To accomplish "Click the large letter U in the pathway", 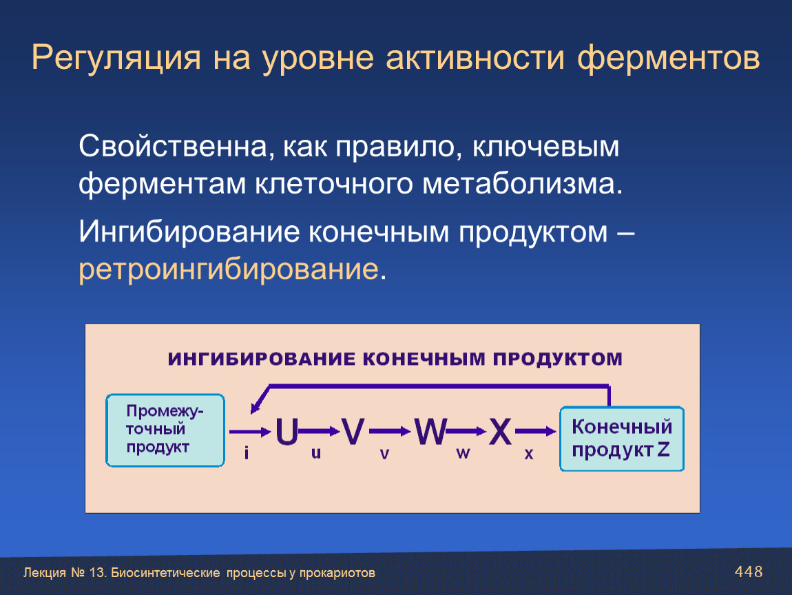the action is point(287,432).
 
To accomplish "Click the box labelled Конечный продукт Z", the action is point(622,439).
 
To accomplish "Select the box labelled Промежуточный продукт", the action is point(165,430).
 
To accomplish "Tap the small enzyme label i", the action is point(247,452).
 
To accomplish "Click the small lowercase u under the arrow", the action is point(316,452).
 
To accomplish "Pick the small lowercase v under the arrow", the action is point(384,454).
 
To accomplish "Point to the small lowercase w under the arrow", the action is point(463,453).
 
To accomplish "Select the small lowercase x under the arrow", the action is point(529,454).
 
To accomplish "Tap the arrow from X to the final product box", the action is point(535,431).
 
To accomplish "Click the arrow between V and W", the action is point(389,431).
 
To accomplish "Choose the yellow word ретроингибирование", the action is point(229,269).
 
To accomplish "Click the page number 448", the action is point(749,572).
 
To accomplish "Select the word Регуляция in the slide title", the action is point(116,58).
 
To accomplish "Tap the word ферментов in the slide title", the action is point(668,58).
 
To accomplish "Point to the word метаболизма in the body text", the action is point(519,183).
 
